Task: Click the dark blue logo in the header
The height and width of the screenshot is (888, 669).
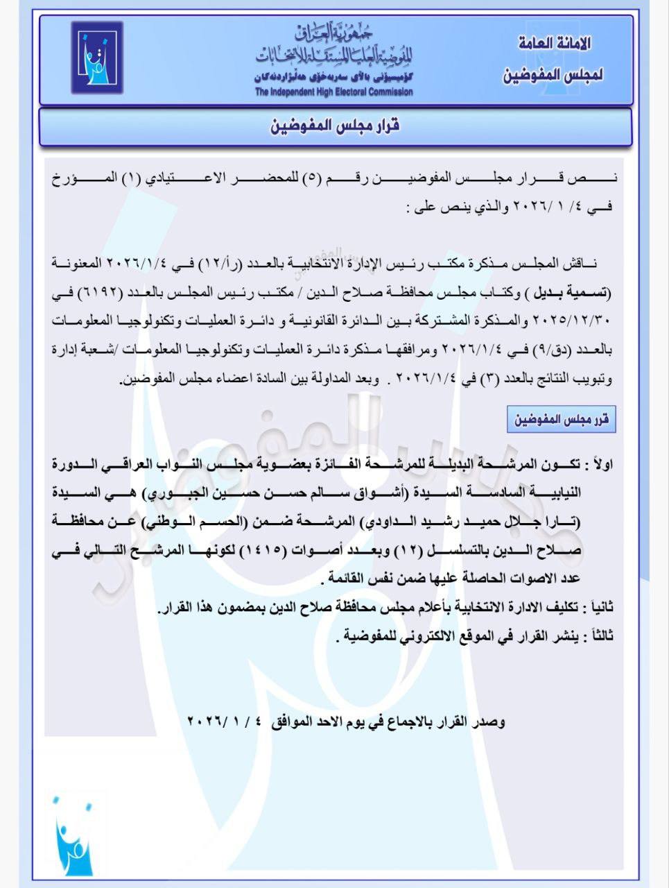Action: point(97,58)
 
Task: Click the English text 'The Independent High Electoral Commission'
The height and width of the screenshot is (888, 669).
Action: point(333,92)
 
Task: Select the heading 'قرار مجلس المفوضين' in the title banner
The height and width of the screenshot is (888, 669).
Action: point(335,127)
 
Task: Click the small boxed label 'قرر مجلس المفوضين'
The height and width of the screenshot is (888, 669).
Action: point(561,420)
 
